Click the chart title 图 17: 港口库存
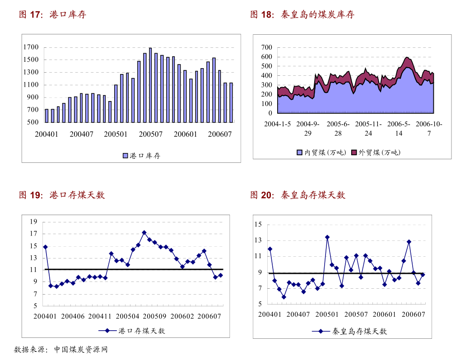(52, 15)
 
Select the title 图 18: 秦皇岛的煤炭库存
(302, 15)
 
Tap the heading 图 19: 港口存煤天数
(62, 195)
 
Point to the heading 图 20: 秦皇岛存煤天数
(298, 195)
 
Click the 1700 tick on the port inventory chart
(32, 47)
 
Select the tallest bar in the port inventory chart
(150, 85)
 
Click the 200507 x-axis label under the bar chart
(150, 134)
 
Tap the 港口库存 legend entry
(141, 156)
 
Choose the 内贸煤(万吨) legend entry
(321, 152)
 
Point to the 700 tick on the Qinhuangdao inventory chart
(267, 47)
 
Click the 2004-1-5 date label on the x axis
(277, 124)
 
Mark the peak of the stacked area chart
(407, 58)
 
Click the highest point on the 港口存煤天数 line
(144, 233)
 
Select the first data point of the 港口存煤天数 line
(45, 247)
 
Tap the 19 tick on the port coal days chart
(33, 222)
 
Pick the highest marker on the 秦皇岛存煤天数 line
(327, 237)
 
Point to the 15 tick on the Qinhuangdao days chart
(258, 224)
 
